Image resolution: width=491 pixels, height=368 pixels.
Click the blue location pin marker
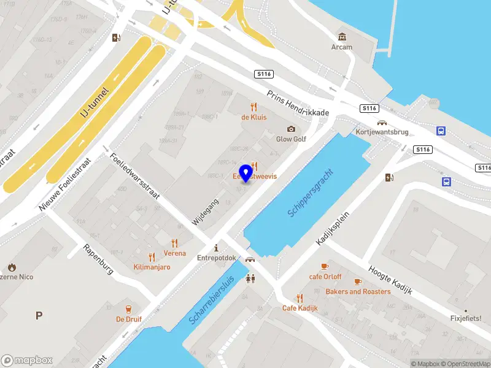tap(247, 173)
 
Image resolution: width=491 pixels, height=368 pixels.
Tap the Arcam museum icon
tap(342, 37)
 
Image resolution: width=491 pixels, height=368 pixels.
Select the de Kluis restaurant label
tap(253, 117)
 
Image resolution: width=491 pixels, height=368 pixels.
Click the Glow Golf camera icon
tap(291, 129)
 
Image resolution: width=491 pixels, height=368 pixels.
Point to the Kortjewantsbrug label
tap(381, 132)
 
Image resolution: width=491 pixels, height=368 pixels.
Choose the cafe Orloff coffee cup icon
tap(325, 266)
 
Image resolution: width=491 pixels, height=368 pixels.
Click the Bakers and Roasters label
tap(358, 291)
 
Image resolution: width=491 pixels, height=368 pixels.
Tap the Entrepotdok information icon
tap(216, 248)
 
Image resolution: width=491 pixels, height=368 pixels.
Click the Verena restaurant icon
tap(175, 243)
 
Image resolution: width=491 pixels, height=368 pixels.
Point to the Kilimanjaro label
tap(152, 267)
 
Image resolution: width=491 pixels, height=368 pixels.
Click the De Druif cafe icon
tap(129, 309)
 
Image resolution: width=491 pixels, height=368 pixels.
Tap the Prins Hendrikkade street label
tap(298, 104)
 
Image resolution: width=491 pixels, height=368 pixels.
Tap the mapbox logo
tap(27, 360)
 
